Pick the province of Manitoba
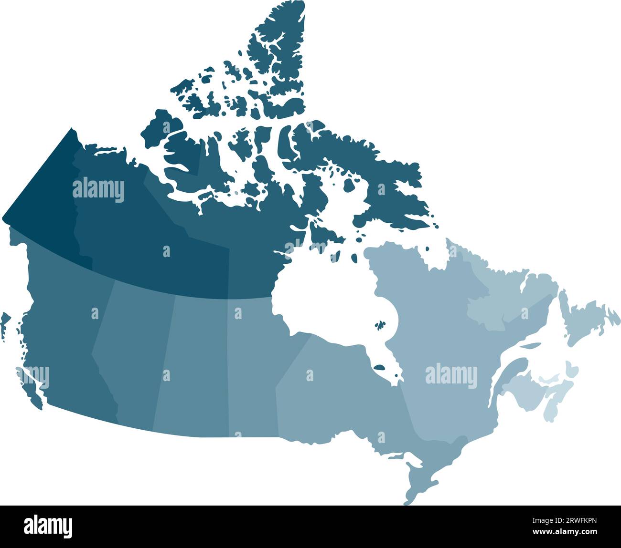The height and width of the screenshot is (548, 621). tap(253, 353)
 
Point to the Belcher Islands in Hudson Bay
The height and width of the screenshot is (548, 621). tap(380, 326)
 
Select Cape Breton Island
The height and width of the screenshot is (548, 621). tap(571, 370)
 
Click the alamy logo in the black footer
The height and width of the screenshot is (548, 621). tap(48, 526)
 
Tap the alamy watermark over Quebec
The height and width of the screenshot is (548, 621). tap(451, 375)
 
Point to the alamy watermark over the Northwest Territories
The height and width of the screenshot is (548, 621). tap(98, 190)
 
